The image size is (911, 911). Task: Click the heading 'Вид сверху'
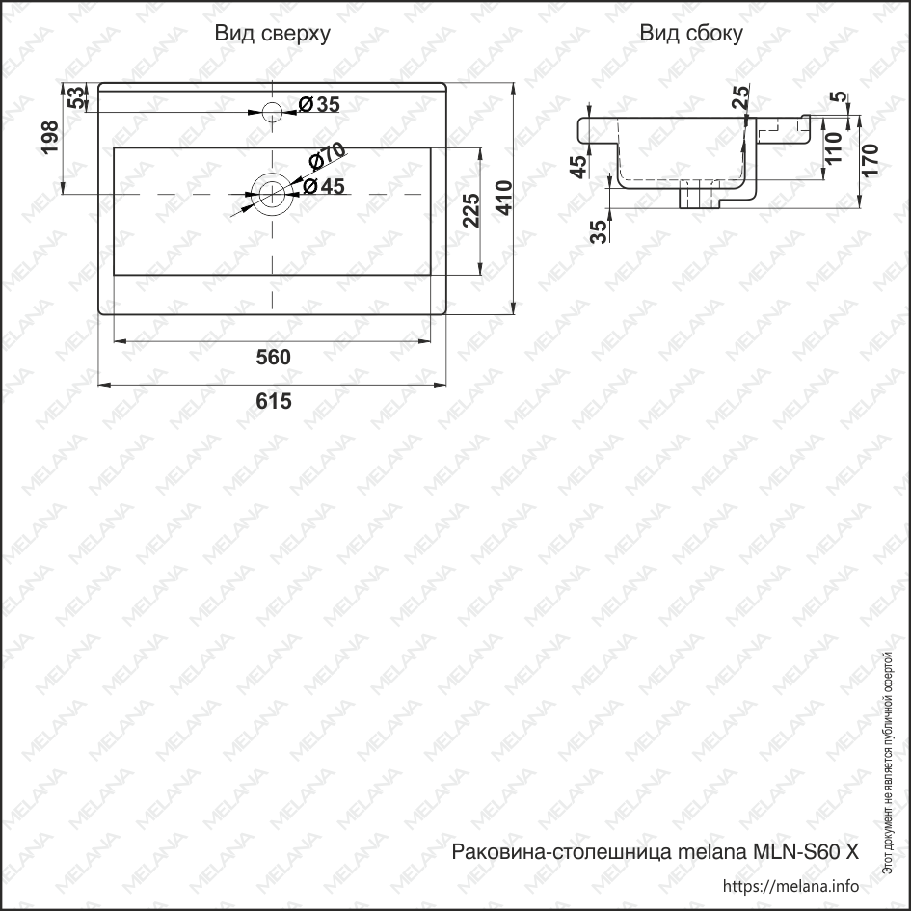click(x=273, y=35)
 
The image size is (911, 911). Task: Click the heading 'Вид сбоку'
click(x=691, y=35)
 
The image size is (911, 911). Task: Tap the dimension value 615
click(x=274, y=401)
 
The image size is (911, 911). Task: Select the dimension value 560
click(x=273, y=358)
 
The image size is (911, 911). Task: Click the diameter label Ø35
click(x=318, y=105)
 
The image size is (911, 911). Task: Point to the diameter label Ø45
click(x=323, y=187)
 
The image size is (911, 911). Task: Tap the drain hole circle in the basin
click(x=272, y=194)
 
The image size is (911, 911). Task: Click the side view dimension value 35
click(x=599, y=230)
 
